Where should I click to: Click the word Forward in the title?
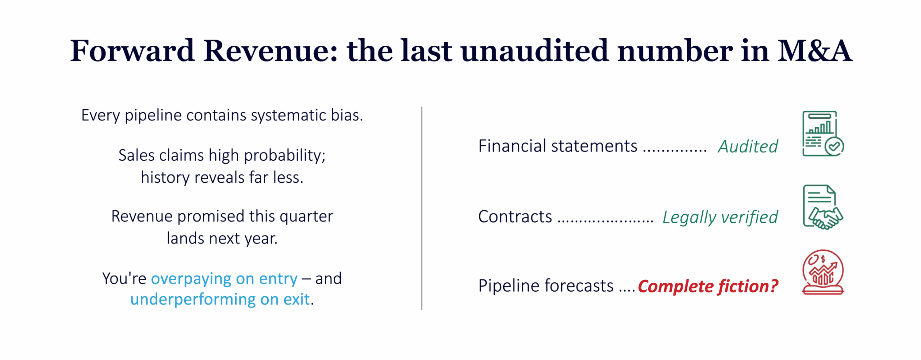132,51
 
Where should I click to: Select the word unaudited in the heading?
535,51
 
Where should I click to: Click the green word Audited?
748,146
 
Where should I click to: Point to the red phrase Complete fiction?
707,286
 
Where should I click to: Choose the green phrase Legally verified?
720,217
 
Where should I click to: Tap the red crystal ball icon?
823,272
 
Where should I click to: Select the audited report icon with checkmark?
823,133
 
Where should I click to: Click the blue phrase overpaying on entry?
224,278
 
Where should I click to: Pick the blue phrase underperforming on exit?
220,299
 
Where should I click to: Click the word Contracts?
515,217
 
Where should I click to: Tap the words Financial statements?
558,146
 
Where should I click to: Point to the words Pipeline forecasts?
546,286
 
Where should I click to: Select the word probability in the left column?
285,156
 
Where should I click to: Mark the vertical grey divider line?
421,208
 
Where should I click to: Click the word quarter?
306,217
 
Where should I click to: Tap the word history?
165,178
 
